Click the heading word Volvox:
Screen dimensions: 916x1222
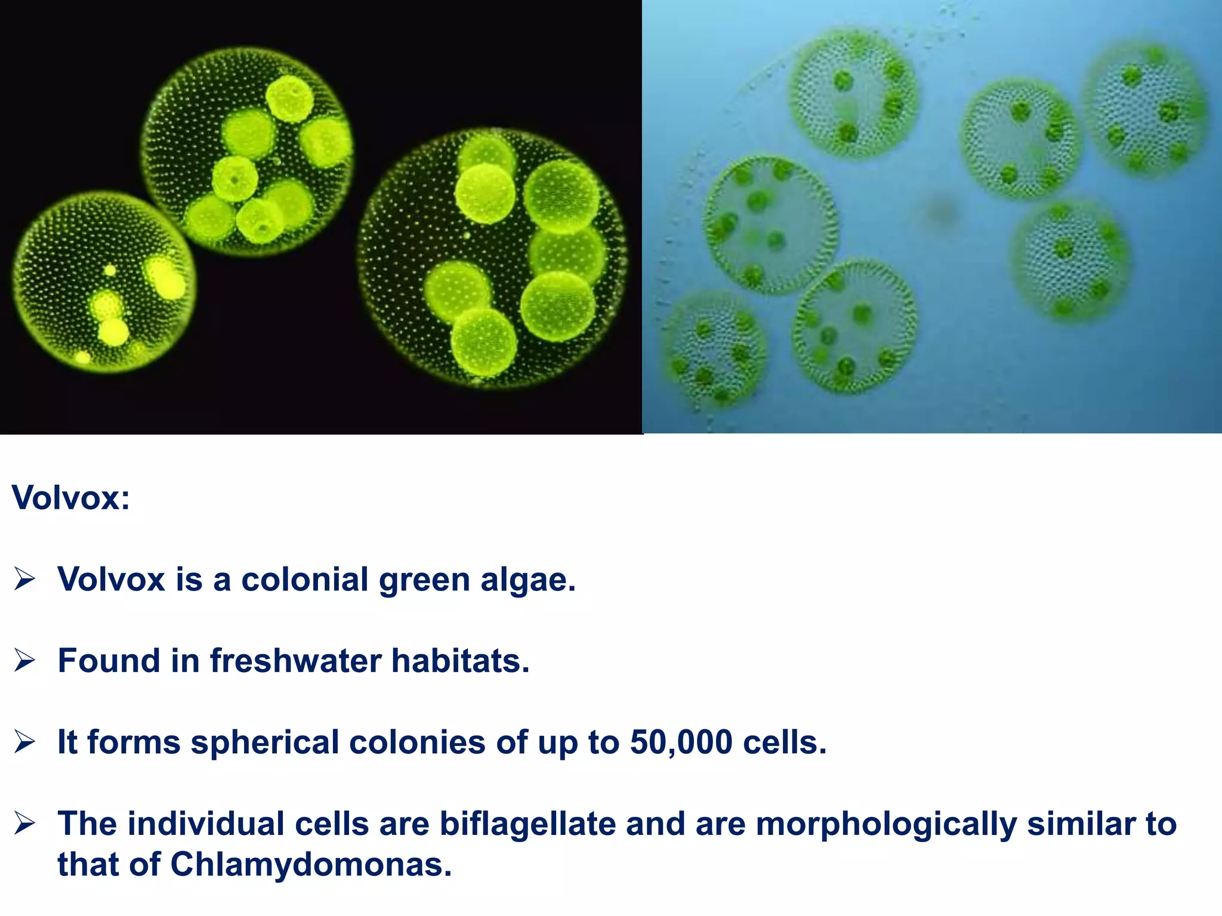click(x=70, y=497)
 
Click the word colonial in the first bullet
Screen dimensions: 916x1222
click(x=304, y=580)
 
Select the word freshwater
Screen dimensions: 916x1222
click(x=295, y=661)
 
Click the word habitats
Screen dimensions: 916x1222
click(x=460, y=661)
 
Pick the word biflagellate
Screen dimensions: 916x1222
click(x=527, y=824)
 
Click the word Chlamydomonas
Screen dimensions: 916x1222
click(x=311, y=864)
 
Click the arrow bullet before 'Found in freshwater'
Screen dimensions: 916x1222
click(x=25, y=661)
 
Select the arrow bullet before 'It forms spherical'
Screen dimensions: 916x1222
click(x=25, y=742)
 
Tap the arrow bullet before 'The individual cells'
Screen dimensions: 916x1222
click(x=25, y=824)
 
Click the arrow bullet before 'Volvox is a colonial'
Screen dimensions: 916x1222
click(x=25, y=579)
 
